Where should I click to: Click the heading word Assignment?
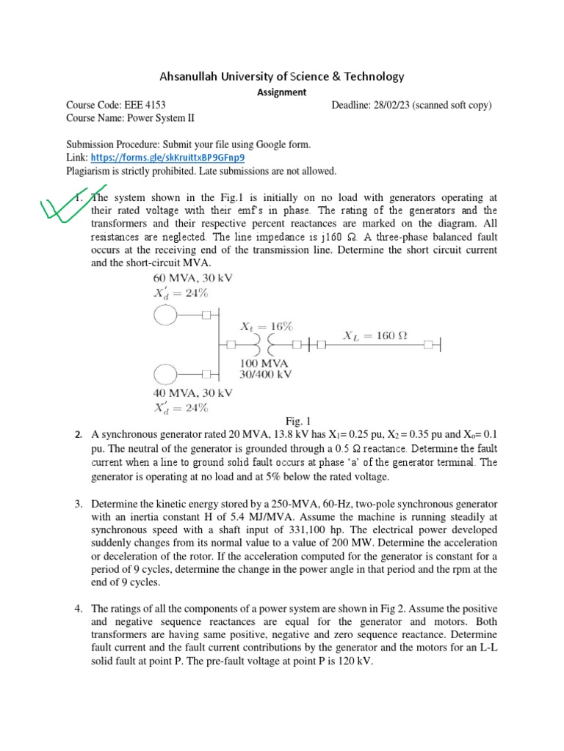click(281, 92)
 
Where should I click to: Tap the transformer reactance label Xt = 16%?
click(267, 326)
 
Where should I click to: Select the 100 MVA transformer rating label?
click(264, 363)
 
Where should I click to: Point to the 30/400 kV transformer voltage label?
click(267, 374)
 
